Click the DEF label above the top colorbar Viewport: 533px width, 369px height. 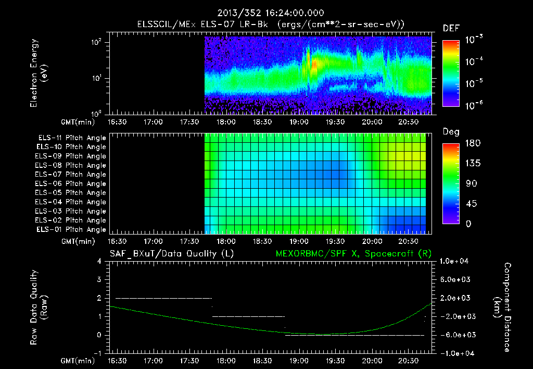coord(451,28)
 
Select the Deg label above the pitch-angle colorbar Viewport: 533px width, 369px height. coord(451,132)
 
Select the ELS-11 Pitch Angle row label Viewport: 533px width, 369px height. coord(72,138)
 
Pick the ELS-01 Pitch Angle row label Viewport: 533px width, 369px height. coord(72,229)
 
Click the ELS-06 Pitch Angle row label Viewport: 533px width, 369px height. coord(72,183)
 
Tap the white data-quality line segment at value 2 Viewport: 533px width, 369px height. coord(163,298)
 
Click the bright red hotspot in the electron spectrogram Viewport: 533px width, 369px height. coord(314,64)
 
